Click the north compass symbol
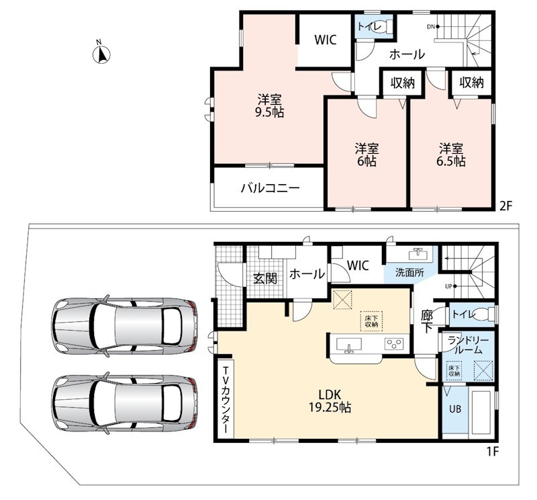pyautogui.click(x=102, y=54)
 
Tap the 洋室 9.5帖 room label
pyautogui.click(x=270, y=106)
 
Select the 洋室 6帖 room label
pyautogui.click(x=367, y=155)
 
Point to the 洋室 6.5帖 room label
pyautogui.click(x=451, y=155)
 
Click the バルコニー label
pyautogui.click(x=271, y=188)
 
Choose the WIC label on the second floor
pyautogui.click(x=326, y=40)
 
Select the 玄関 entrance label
pyautogui.click(x=264, y=278)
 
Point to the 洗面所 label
pyautogui.click(x=409, y=273)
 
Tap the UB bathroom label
pyautogui.click(x=455, y=409)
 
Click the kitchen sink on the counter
pyautogui.click(x=349, y=345)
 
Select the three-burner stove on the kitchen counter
pyautogui.click(x=394, y=343)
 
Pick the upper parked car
pyautogui.click(x=124, y=325)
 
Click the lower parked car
pyautogui.click(x=124, y=402)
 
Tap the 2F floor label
pyautogui.click(x=505, y=206)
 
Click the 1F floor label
pyautogui.click(x=493, y=452)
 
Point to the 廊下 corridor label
pyautogui.click(x=426, y=322)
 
